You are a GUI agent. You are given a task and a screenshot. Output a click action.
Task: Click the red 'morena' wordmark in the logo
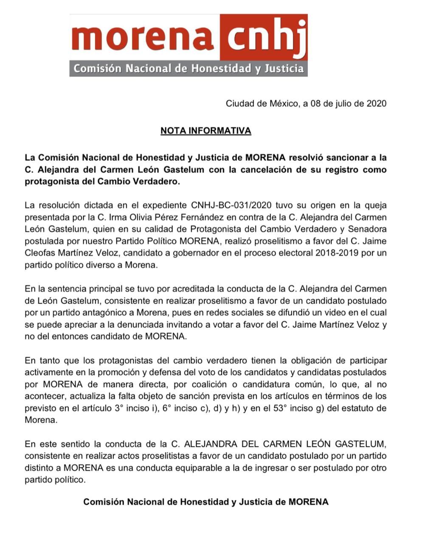pyautogui.click(x=143, y=37)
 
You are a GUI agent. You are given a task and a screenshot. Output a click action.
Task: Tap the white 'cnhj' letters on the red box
pyautogui.click(x=264, y=37)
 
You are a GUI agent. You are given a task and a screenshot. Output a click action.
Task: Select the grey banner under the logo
pyautogui.click(x=189, y=68)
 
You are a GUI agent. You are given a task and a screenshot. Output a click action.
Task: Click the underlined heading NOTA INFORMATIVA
pyautogui.click(x=205, y=130)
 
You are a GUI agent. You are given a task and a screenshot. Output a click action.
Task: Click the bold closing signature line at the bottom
pyautogui.click(x=205, y=501)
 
